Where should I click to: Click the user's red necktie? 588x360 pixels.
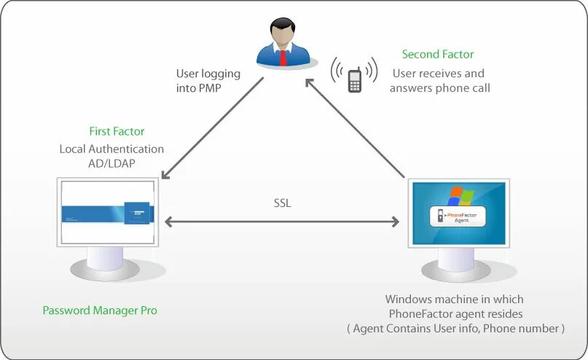(283, 58)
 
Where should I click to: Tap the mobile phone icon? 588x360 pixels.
(355, 80)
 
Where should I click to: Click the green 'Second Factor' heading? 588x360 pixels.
(438, 55)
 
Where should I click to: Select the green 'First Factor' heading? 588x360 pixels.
(117, 131)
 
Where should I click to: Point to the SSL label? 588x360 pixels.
(283, 203)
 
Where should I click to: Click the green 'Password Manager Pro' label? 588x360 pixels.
(100, 310)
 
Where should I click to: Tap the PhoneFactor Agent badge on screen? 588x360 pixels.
(458, 216)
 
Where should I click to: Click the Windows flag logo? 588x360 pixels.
(461, 196)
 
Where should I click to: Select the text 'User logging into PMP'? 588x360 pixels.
(208, 81)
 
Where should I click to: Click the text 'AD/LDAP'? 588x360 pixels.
(111, 163)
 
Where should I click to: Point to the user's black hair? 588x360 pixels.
(283, 26)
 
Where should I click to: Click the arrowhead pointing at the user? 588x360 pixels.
(310, 83)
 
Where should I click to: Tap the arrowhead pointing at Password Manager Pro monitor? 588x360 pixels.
(165, 174)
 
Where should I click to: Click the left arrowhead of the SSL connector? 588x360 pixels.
(168, 222)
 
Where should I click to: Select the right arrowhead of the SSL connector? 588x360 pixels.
(396, 222)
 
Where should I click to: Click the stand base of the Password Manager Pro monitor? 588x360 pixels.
(105, 270)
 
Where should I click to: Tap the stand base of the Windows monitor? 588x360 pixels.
(455, 271)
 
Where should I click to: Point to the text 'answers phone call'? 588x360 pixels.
(440, 88)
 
